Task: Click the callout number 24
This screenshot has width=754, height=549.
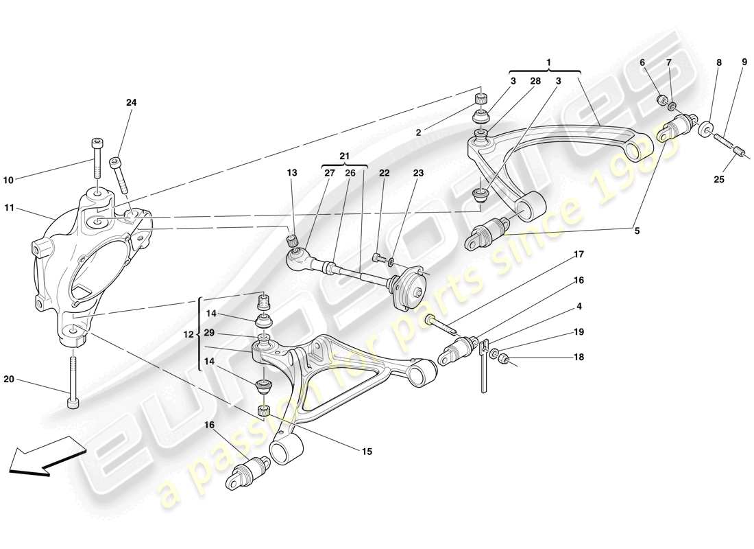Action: point(131,102)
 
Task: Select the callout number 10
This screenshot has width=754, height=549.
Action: point(8,180)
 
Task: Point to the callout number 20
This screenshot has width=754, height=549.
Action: point(8,379)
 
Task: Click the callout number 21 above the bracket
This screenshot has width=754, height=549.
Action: point(343,156)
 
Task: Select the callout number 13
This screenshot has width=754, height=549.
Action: point(292,173)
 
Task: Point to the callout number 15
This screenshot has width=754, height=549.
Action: point(367,451)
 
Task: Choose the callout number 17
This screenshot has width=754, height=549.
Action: point(579,255)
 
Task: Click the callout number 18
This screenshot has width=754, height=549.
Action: point(579,358)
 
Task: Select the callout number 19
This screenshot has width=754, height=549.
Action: point(579,331)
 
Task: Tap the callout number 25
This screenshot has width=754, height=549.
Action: point(718,180)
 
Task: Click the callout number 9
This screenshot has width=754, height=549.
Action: point(744,62)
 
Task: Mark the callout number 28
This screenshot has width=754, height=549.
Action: point(535,81)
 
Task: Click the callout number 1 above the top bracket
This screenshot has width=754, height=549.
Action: point(548,62)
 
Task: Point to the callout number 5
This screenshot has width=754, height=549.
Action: point(636,231)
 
